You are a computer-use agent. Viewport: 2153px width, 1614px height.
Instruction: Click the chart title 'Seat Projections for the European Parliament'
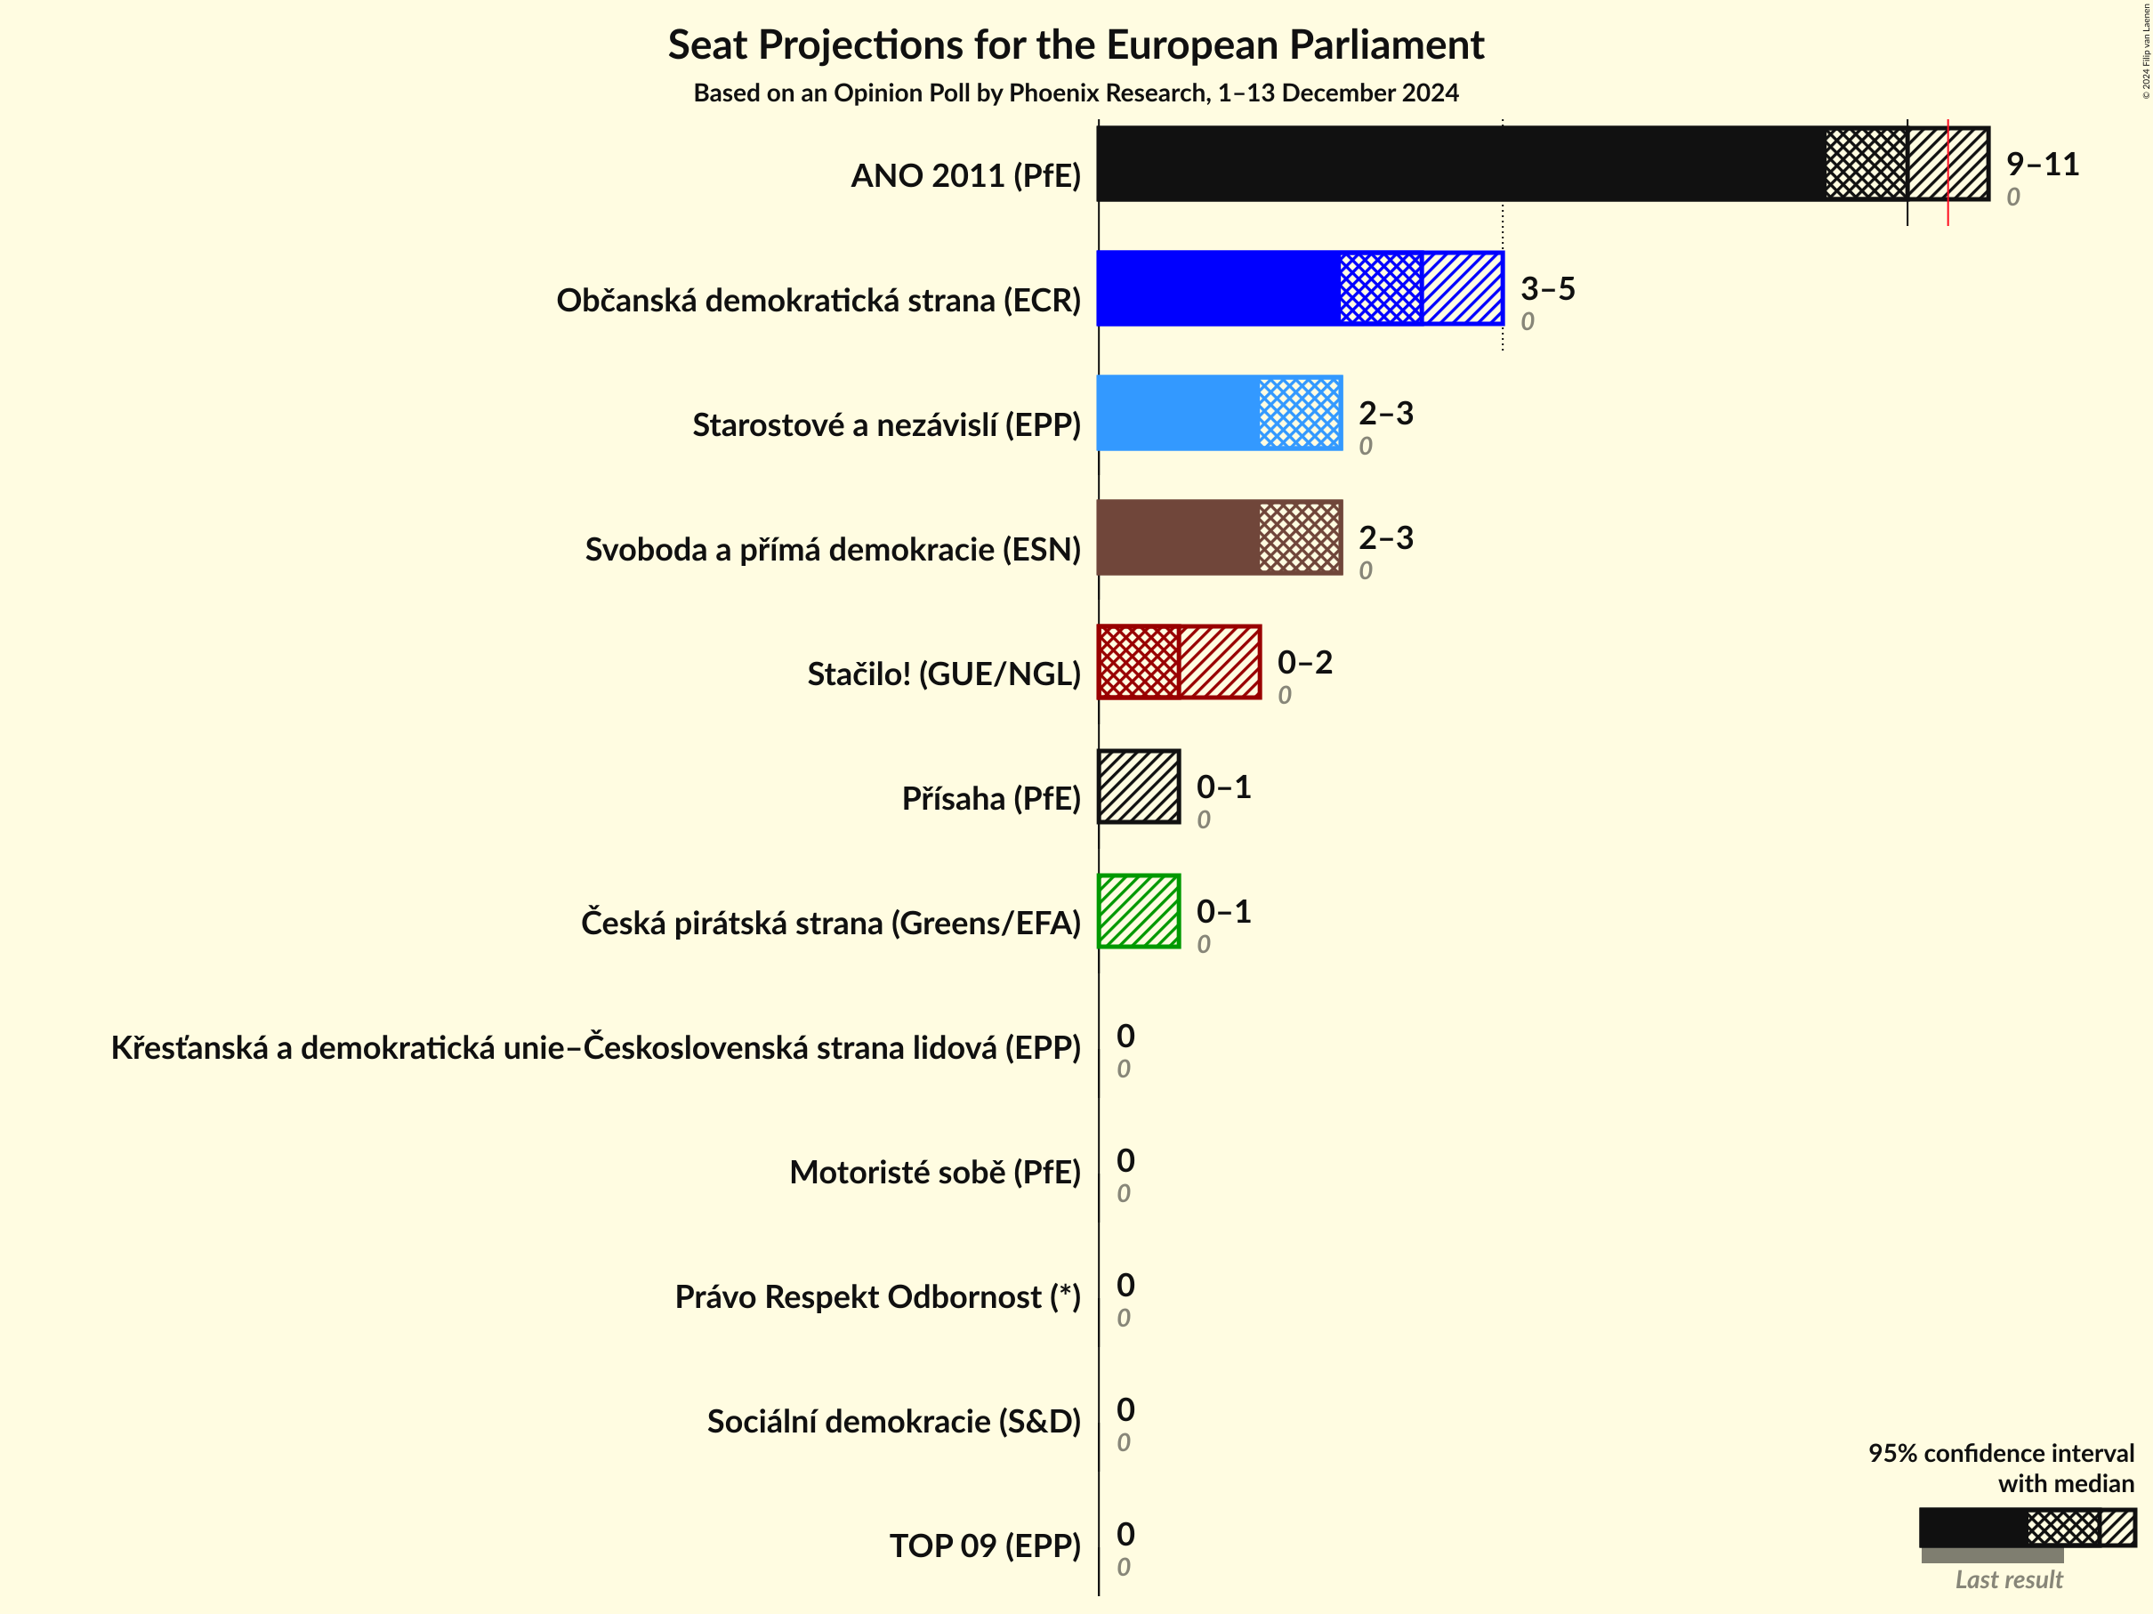tap(1076, 44)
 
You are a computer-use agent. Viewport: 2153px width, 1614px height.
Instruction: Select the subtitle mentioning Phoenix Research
tap(1076, 93)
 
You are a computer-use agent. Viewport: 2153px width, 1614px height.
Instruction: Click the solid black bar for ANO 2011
tap(1460, 164)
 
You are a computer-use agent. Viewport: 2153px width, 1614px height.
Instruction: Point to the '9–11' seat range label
tap(2042, 164)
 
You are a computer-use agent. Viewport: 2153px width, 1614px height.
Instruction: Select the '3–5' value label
tap(1548, 288)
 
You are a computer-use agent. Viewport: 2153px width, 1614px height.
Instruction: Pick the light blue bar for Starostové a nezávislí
tap(1178, 413)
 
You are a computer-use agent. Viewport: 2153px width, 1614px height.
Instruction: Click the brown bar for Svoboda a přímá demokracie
tap(1178, 537)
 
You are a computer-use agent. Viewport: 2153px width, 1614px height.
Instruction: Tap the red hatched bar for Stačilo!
tap(1179, 662)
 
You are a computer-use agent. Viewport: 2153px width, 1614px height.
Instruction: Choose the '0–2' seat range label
tap(1304, 662)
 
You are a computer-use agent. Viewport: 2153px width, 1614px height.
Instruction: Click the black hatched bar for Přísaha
tap(1139, 787)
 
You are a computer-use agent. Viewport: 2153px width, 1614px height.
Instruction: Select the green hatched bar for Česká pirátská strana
tap(1139, 911)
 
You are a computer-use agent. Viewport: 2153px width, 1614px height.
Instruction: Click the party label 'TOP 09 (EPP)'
tap(985, 1545)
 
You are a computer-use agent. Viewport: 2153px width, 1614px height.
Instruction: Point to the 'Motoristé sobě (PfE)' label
tap(934, 1172)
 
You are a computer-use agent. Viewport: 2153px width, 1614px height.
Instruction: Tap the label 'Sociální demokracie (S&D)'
tap(893, 1421)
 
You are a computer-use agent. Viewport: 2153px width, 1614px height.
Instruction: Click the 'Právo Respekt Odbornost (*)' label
tap(878, 1296)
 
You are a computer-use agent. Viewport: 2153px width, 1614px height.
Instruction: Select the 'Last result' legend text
tap(2009, 1580)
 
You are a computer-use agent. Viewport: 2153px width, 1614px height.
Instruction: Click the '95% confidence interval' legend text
tap(2000, 1453)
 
